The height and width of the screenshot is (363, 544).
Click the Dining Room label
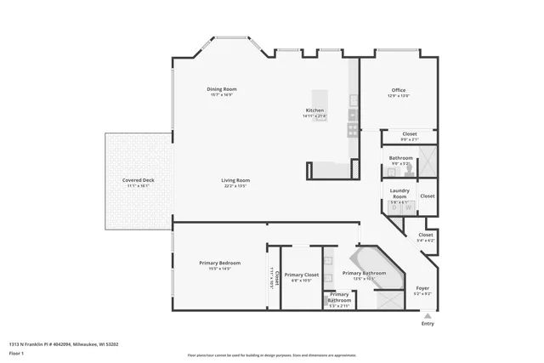(x=221, y=89)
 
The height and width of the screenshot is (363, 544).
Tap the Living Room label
(x=235, y=180)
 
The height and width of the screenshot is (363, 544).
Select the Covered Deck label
(x=138, y=180)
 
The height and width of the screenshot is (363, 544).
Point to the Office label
(x=399, y=90)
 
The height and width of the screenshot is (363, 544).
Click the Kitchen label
(x=314, y=111)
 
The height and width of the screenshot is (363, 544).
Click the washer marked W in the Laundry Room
(x=408, y=206)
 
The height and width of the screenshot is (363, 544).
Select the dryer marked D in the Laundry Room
(x=394, y=206)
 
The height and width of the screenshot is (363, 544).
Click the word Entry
(x=427, y=324)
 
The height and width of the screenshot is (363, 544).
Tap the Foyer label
(x=422, y=288)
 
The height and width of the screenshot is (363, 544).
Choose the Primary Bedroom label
(x=220, y=263)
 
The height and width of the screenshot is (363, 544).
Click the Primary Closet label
(x=301, y=275)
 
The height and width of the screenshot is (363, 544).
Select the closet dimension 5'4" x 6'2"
(x=425, y=241)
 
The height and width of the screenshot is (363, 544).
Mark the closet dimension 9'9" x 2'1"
(x=409, y=140)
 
